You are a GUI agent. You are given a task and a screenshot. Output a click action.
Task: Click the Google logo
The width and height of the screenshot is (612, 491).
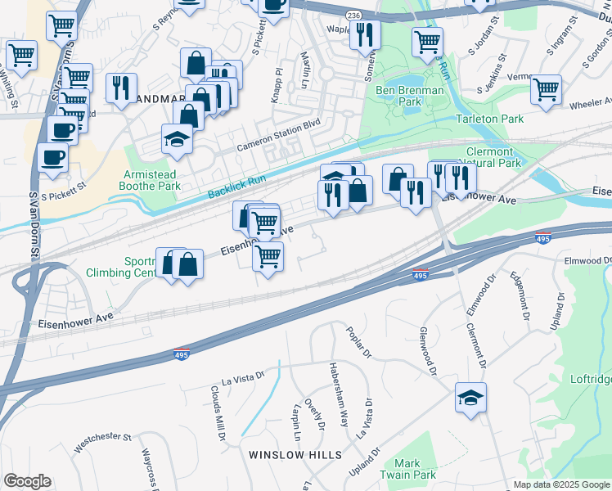(x=27, y=481)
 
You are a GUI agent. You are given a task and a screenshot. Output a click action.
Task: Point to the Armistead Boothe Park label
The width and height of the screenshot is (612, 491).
(x=151, y=180)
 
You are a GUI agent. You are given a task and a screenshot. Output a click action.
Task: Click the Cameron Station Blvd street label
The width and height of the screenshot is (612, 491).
(x=279, y=137)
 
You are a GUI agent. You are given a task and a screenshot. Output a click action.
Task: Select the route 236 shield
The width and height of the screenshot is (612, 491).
(x=353, y=16)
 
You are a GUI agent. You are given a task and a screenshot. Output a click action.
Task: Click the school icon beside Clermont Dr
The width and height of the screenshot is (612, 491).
(x=470, y=398)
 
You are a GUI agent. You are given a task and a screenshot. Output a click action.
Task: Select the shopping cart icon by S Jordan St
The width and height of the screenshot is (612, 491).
(x=427, y=41)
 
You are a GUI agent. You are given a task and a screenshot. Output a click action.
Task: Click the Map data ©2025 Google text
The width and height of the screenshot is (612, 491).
(x=560, y=484)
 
